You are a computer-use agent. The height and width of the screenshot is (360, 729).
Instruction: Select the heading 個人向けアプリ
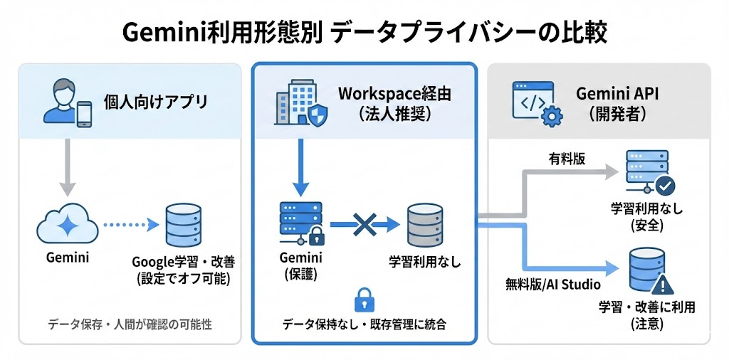coord(156,102)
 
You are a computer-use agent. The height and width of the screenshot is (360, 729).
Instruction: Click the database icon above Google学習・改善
coord(183,225)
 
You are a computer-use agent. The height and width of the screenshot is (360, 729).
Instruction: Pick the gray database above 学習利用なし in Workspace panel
coord(425,226)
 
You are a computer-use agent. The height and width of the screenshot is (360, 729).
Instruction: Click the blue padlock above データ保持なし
coord(364,298)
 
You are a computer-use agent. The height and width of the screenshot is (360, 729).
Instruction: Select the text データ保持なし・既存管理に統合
coord(364,324)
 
